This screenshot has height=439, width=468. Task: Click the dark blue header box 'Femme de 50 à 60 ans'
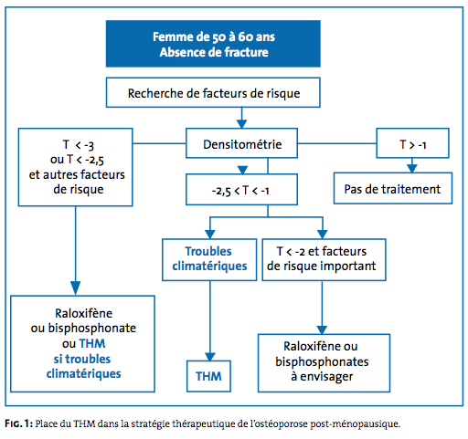tap(213, 44)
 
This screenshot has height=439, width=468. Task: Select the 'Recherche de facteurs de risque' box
tap(213, 92)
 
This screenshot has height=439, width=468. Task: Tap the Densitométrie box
tap(241, 143)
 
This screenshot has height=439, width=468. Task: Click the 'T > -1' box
tap(412, 143)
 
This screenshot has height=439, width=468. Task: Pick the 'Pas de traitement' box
tap(393, 188)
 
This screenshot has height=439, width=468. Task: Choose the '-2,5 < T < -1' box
tap(241, 189)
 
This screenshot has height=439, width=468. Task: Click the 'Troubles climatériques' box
tap(209, 259)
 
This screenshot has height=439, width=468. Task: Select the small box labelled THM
tap(208, 376)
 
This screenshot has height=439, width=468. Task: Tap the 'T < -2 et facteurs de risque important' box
tap(324, 259)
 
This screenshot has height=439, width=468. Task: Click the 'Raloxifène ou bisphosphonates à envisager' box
tap(324, 363)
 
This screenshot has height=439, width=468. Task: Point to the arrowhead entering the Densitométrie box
tap(241, 124)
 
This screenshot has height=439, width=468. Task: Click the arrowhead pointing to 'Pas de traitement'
tap(412, 169)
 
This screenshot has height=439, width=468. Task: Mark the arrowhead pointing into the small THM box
tap(210, 357)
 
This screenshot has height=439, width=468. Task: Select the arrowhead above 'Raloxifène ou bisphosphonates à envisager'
tap(322, 330)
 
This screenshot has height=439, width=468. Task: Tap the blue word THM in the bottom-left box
tap(92, 343)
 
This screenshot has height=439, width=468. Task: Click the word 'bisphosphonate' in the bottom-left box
tap(92, 329)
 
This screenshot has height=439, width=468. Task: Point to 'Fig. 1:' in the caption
tap(18, 423)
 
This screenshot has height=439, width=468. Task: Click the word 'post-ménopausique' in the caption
tap(356, 423)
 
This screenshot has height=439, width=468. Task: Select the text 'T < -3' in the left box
tap(79, 145)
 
